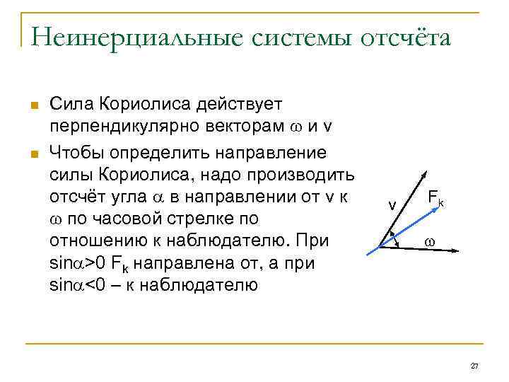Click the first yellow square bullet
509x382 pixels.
(33, 106)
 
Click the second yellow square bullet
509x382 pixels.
(33, 152)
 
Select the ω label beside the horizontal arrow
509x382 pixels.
(429, 242)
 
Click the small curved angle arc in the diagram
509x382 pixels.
(395, 238)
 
